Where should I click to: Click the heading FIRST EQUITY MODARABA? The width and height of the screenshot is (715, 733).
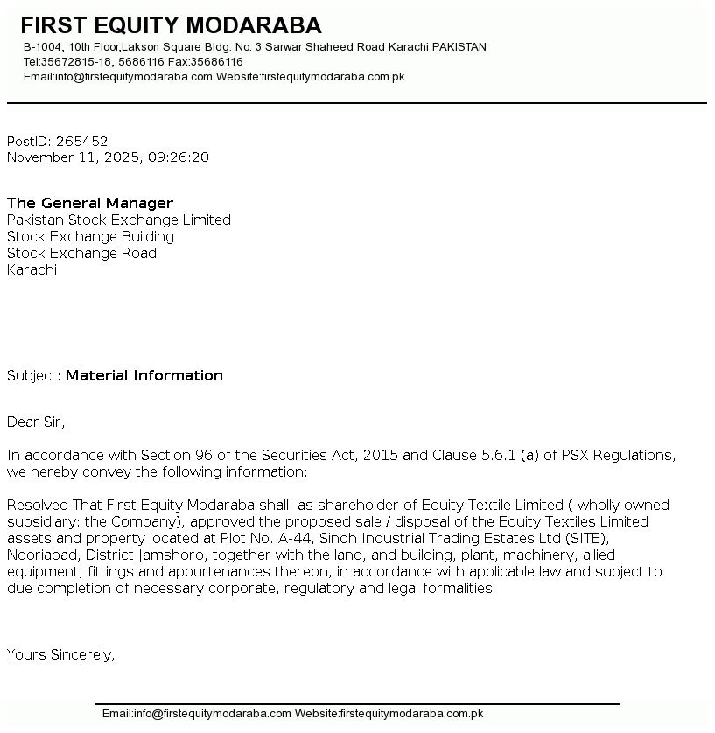click(171, 25)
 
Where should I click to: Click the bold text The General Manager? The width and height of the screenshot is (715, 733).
click(90, 203)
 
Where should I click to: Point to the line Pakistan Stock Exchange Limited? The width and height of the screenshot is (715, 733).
click(119, 220)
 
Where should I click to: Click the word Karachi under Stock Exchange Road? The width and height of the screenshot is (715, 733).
click(32, 269)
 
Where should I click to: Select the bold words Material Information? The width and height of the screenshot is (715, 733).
click(144, 375)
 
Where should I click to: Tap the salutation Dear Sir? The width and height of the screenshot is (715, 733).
click(36, 422)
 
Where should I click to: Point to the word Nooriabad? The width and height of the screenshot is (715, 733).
click(40, 555)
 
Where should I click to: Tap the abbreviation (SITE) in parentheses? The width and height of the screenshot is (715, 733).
click(585, 538)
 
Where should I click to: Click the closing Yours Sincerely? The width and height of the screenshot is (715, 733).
click(60, 654)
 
